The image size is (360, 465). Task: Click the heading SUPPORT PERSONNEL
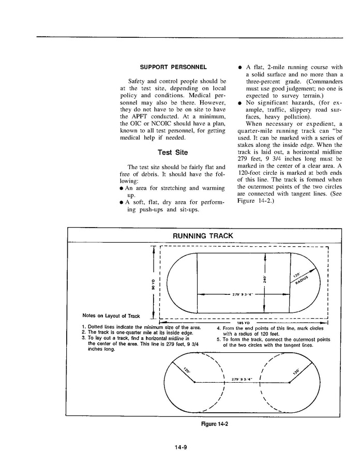pos(173,67)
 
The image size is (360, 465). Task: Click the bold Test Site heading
pos(173,153)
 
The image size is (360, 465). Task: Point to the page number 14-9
pos(180,448)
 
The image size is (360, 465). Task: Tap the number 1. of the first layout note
pos(84,327)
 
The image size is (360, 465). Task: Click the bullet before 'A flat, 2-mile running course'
pos(240,67)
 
